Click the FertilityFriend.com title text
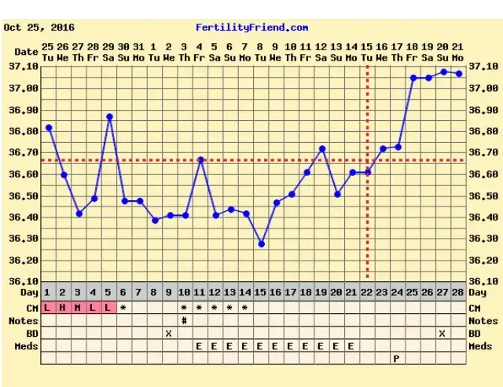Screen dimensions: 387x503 pos(251,27)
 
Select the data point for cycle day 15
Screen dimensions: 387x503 pos(262,244)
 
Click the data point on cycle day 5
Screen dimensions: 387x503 pos(109,117)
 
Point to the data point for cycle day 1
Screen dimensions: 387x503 pos(49,127)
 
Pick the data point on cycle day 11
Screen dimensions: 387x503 pos(200,159)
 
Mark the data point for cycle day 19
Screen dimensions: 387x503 pos(322,148)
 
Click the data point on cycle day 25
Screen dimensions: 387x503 pos(413,78)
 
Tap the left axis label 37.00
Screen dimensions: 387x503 pos(27,89)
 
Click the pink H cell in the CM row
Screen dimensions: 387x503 pos(63,307)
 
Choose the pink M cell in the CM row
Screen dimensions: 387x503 pos(78,307)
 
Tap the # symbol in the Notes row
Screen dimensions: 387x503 pos(185,320)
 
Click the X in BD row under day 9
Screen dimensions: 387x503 pos(169,333)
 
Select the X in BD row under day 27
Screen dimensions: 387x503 pos(442,333)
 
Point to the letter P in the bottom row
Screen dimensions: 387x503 pos(397,359)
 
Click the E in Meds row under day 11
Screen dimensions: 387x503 pos(200,345)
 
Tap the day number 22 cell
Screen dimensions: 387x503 pos(367,293)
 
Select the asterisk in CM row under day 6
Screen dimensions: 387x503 pos(123,308)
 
